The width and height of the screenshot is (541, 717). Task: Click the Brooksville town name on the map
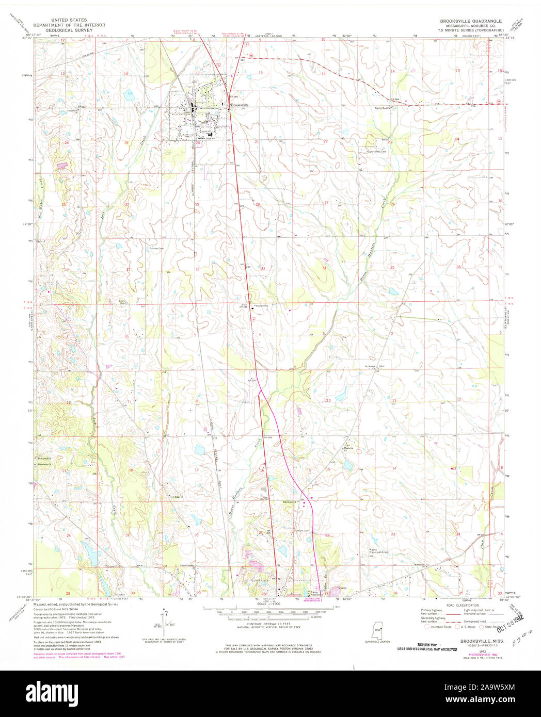tap(240, 105)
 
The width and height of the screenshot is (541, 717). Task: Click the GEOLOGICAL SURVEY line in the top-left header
tap(69, 30)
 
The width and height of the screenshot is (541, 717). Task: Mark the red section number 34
tap(324, 268)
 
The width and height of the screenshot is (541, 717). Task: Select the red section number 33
tap(263, 268)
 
